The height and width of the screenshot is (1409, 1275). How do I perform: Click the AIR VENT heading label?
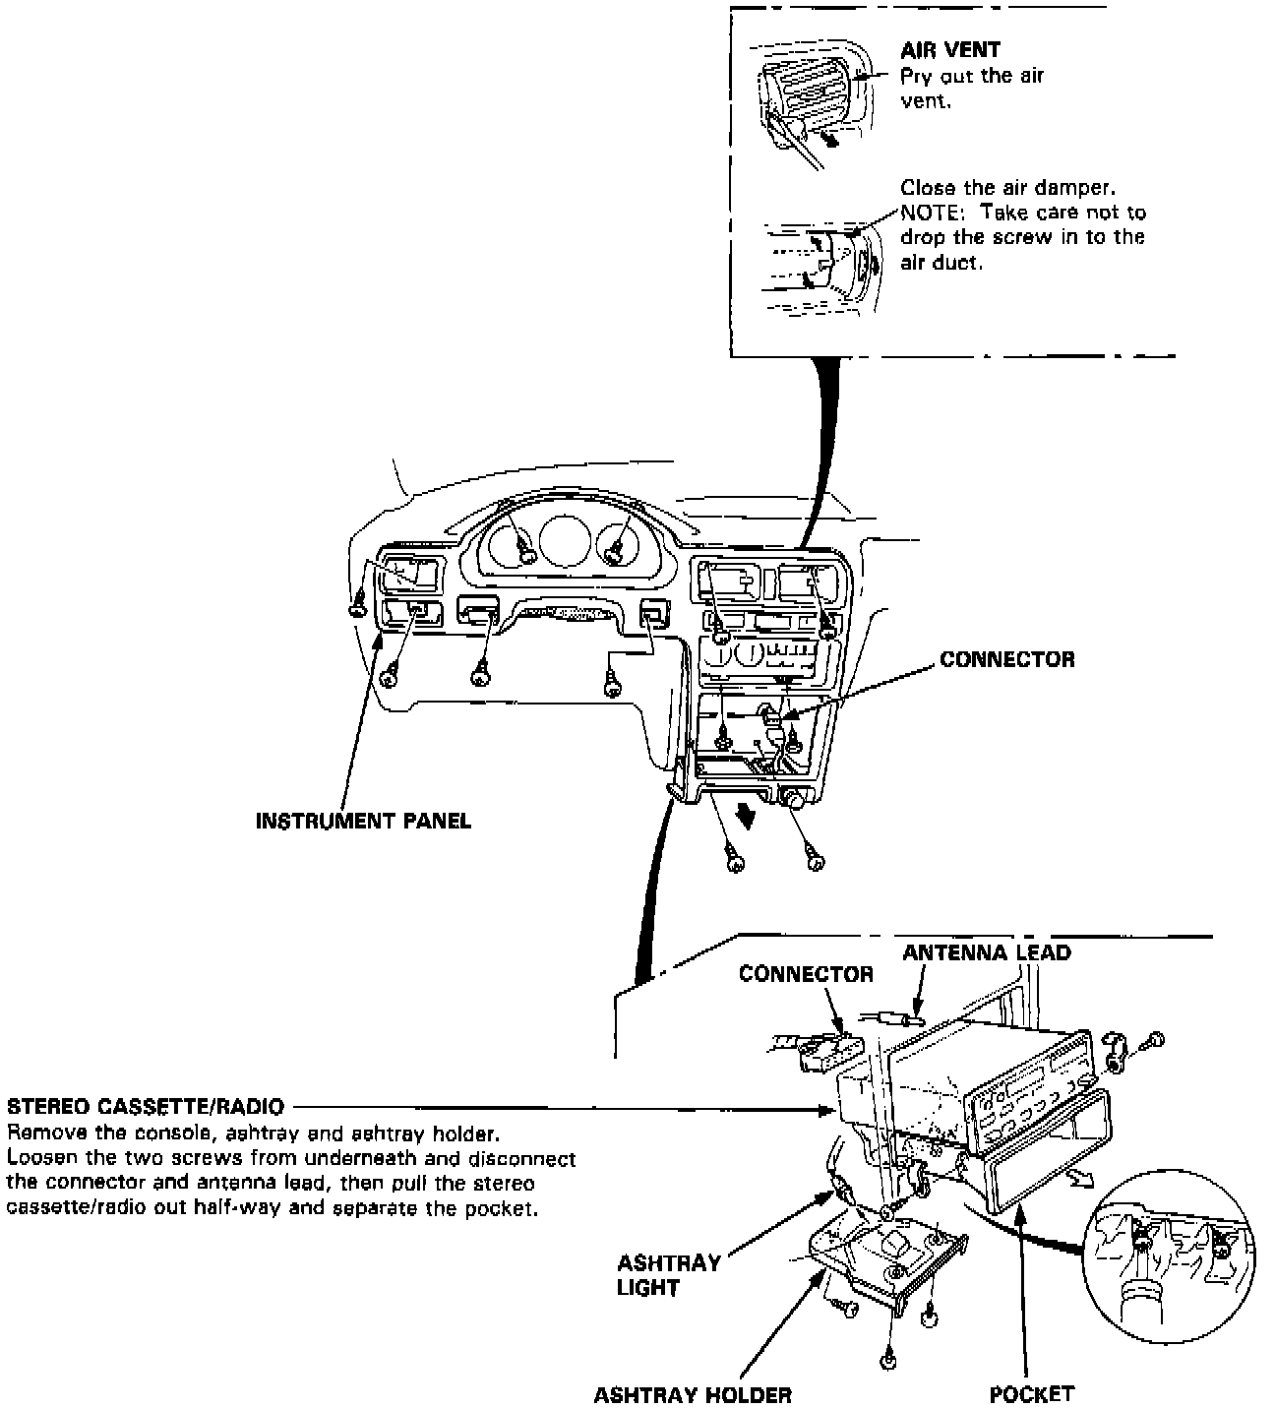pos(949,51)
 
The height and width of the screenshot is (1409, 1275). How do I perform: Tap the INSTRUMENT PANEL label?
pos(363,821)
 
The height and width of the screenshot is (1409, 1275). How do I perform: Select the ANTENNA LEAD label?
pos(987,952)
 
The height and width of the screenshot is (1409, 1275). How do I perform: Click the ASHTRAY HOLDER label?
pos(693,1394)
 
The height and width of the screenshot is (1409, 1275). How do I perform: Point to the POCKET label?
pos(1032,1393)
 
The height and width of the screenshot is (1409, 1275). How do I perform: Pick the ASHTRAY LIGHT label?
pos(669,1275)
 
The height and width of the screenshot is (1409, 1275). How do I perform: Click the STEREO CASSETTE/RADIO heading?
pos(145,1107)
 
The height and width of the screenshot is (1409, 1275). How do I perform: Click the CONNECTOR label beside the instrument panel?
pos(1007,659)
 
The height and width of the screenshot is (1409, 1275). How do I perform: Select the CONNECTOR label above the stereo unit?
pos(806,974)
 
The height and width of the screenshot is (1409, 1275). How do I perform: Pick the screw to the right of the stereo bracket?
pos(1156,1039)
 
